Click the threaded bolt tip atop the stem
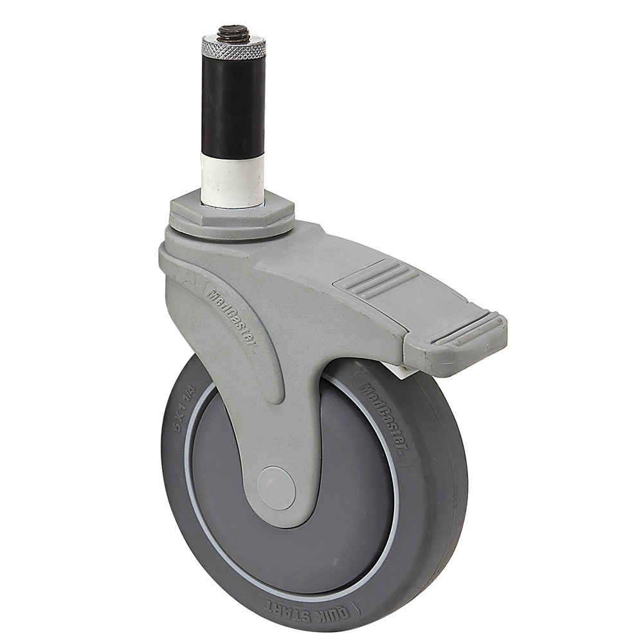[x=233, y=32]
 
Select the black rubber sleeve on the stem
[x=233, y=106]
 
